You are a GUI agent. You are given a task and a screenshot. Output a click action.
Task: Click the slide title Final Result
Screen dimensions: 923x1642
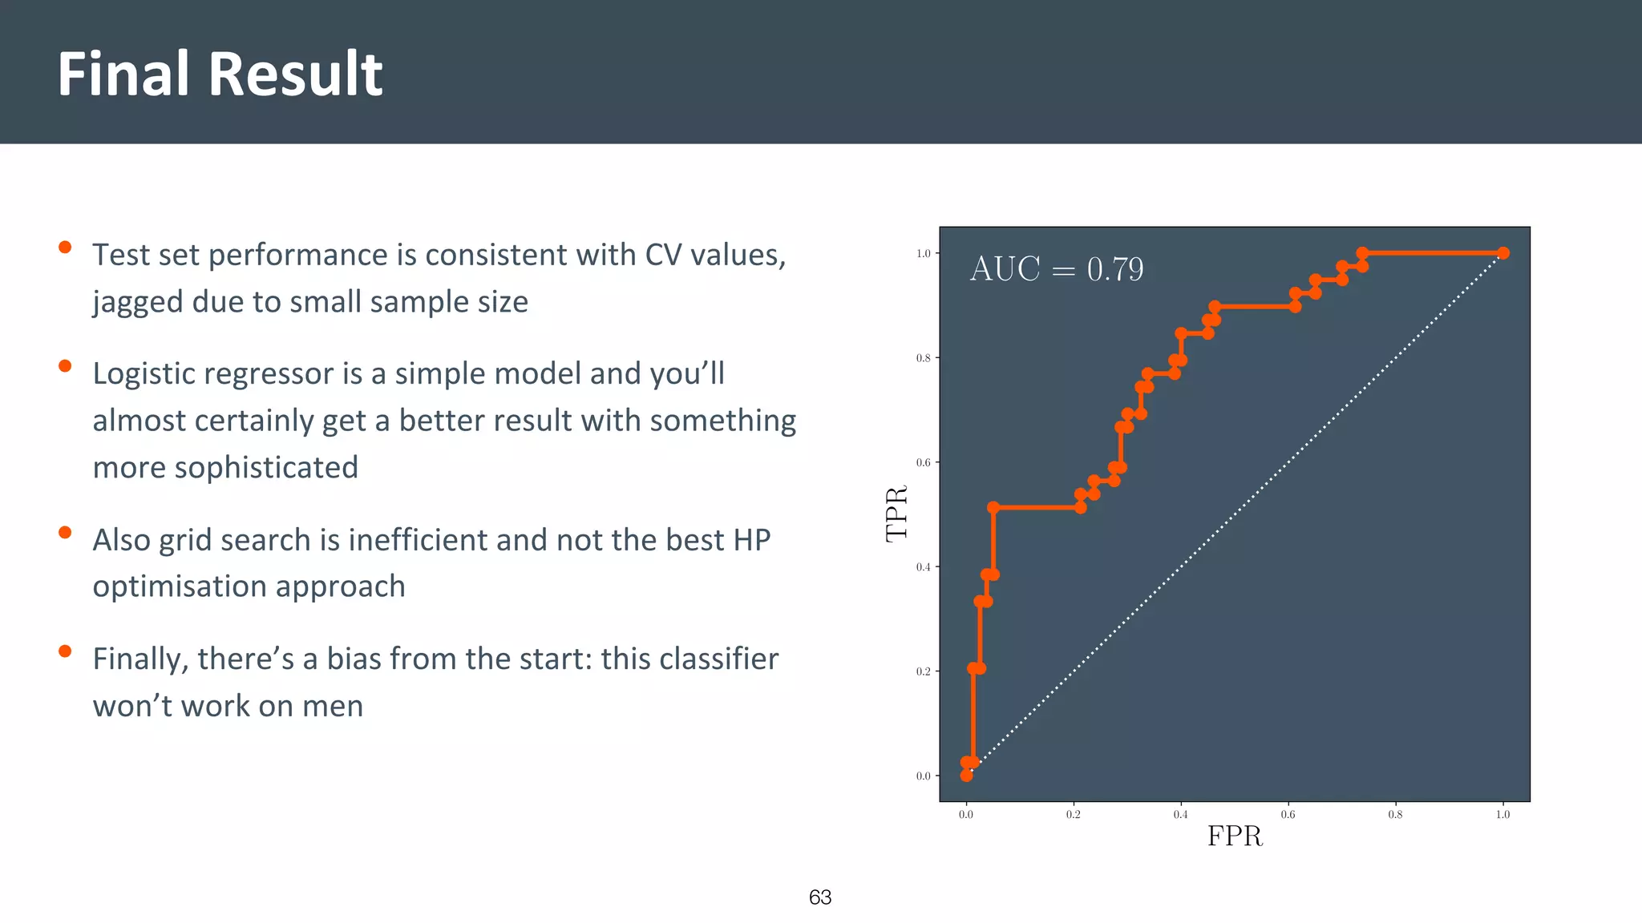[220, 74]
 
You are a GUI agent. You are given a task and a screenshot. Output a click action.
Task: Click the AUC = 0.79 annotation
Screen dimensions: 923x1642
[1056, 269]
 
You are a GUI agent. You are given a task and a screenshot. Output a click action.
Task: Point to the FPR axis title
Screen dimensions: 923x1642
[1235, 836]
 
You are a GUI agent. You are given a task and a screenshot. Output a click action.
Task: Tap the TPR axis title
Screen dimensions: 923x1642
[896, 513]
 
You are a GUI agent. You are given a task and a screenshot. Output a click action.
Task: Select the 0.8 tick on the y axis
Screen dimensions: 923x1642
[923, 358]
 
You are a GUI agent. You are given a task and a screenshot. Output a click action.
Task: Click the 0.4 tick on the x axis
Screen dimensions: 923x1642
[1180, 815]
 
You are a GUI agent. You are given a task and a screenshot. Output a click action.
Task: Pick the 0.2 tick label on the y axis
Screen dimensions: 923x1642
[923, 671]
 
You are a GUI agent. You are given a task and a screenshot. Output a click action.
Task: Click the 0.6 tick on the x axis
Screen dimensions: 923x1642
[1288, 815]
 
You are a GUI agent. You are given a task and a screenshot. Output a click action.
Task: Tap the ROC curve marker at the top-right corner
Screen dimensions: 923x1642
[1503, 253]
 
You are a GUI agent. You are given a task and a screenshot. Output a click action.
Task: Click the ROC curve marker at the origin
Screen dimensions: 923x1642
[966, 776]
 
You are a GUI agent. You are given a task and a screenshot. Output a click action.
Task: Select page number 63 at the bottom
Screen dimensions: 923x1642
[820, 897]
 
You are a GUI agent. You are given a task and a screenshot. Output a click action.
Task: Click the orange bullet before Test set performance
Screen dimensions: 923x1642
[65, 247]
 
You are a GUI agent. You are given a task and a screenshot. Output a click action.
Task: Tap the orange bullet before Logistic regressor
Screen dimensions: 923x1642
[65, 366]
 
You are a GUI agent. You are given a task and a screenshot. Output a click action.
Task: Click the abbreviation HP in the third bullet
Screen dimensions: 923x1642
[751, 540]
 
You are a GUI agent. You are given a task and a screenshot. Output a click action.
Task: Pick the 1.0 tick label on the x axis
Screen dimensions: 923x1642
[1502, 815]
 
